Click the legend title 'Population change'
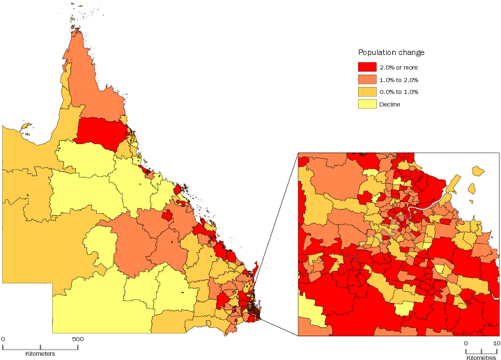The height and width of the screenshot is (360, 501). tap(391, 53)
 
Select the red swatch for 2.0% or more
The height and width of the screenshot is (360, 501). tap(367, 67)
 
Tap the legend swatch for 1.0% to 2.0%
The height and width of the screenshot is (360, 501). tap(367, 79)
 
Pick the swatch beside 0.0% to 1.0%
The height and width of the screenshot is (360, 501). tap(367, 92)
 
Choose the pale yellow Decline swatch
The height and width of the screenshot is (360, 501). tap(367, 104)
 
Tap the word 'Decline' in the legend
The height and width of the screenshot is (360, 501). tap(391, 104)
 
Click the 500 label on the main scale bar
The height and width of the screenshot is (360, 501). tap(78, 339)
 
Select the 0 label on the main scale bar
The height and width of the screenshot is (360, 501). tap(3, 339)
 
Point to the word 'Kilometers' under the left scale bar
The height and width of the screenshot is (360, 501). tap(40, 354)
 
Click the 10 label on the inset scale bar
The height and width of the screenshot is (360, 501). tap(497, 343)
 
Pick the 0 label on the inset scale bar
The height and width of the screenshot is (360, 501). tap(465, 343)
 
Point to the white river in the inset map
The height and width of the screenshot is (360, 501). tap(425, 207)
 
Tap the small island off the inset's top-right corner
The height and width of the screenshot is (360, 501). tap(477, 171)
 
